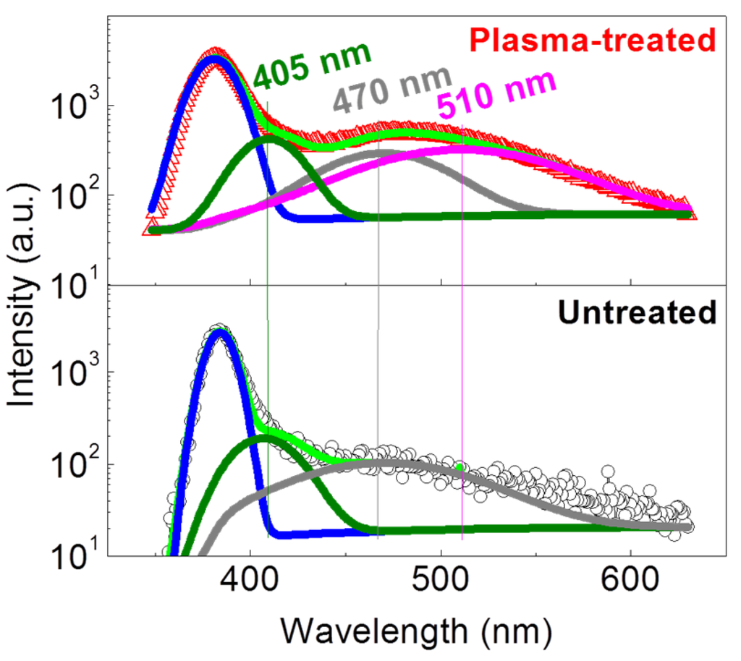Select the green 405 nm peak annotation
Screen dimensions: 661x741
pos(313,64)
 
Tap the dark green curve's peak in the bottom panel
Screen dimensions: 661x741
pos(266,438)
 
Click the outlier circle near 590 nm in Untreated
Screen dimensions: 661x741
pos(608,472)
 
